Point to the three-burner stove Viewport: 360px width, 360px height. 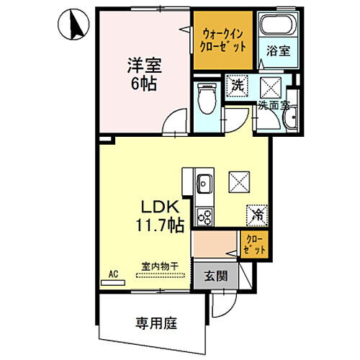point(204,216)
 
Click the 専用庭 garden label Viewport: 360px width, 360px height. point(151,321)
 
